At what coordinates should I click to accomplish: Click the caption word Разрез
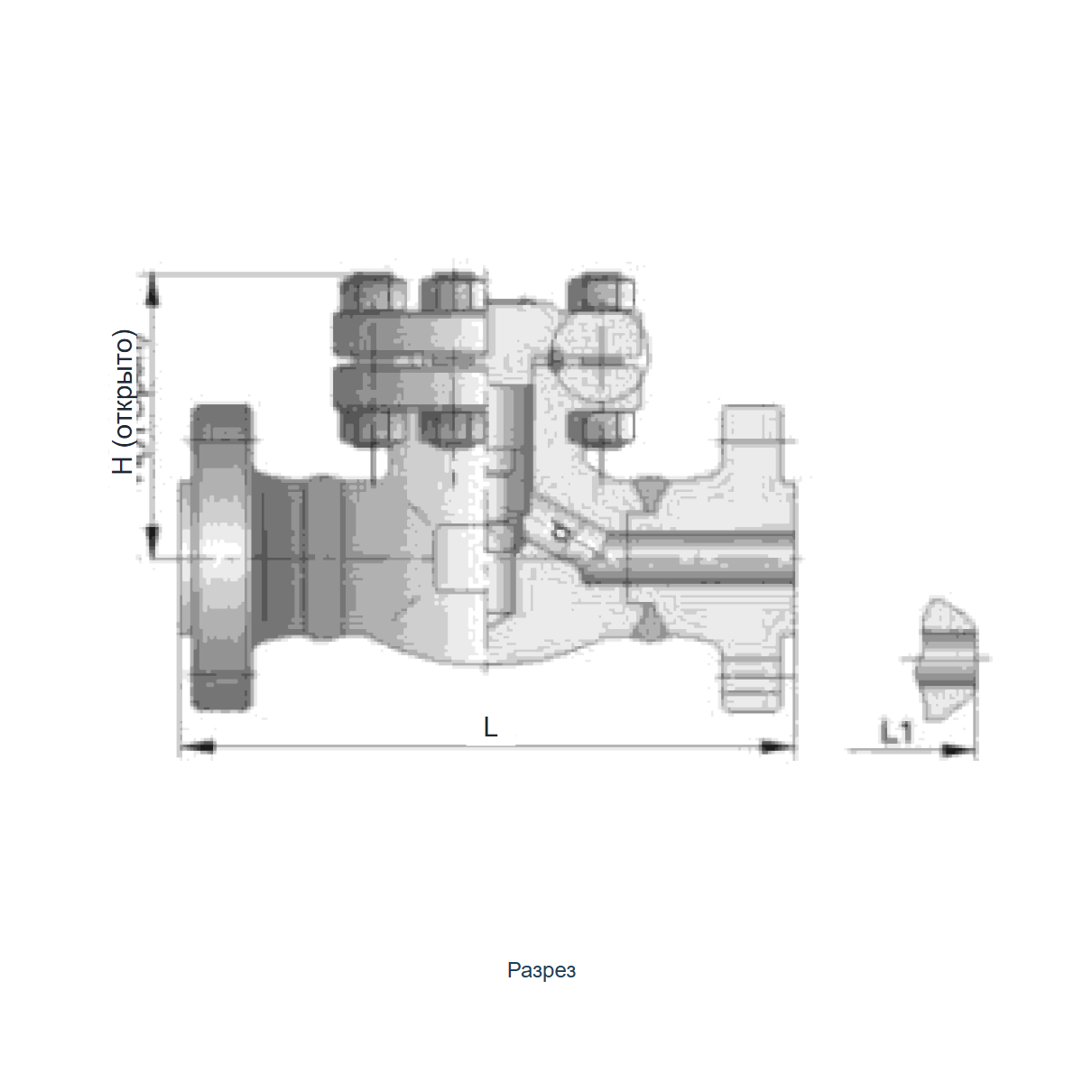541,970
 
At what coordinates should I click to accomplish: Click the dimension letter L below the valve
491,727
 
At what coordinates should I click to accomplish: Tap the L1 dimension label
896,732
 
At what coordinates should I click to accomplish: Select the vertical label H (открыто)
123,402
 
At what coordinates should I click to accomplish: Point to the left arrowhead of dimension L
197,747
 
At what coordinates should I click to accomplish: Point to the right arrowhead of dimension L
777,746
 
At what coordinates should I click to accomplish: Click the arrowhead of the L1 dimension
958,750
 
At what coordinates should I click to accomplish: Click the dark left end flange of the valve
221,558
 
